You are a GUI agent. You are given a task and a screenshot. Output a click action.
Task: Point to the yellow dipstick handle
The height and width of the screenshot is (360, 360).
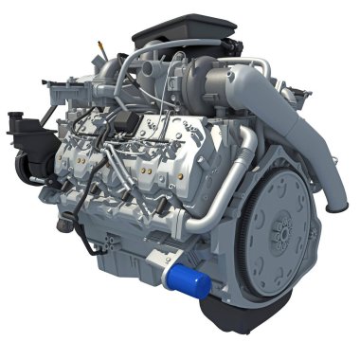(98, 45)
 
